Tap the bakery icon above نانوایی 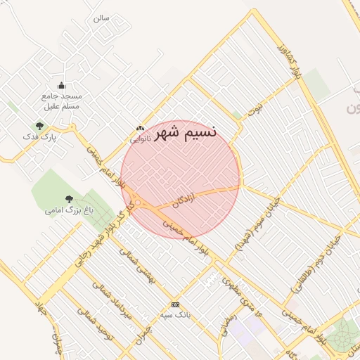pyautogui.click(x=140, y=129)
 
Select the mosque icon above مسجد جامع pyautogui.click(x=62, y=86)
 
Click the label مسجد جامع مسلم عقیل pyautogui.click(x=63, y=101)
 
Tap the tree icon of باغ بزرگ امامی pyautogui.click(x=69, y=200)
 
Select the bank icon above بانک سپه pyautogui.click(x=175, y=304)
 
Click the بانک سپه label pyautogui.click(x=175, y=314)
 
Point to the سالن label pyautogui.click(x=101, y=18)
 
